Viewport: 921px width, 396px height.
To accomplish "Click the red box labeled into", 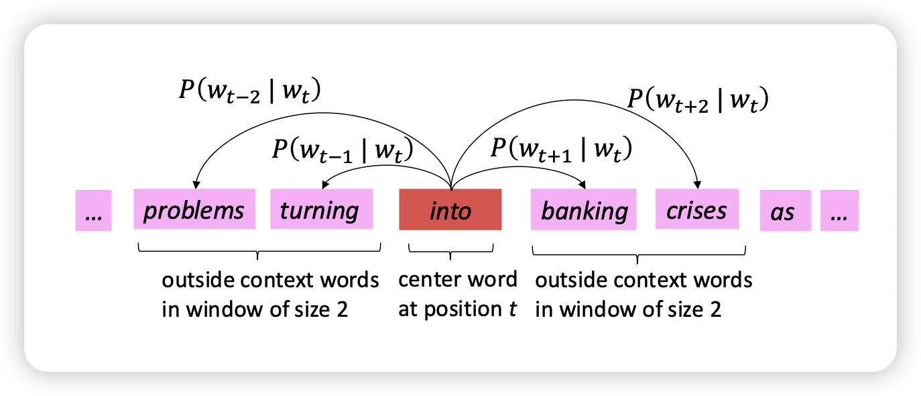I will coord(450,210).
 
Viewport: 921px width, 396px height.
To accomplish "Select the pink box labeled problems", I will coord(194,209).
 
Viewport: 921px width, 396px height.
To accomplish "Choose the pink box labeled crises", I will coord(696,209).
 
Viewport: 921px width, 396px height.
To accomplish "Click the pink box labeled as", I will coord(782,211).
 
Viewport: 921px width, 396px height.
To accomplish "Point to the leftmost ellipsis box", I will coord(93,211).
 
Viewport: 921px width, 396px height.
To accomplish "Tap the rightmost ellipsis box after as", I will coord(839,211).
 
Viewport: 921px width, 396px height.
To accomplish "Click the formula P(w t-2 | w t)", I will coord(249,91).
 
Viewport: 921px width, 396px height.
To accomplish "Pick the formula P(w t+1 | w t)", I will coord(562,149).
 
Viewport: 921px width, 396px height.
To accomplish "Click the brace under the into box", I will coord(450,251).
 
